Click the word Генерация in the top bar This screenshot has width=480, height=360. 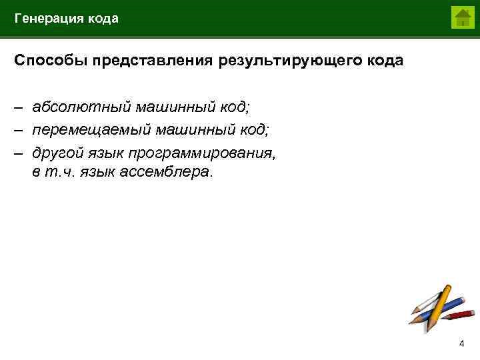(x=47, y=19)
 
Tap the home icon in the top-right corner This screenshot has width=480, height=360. (x=461, y=18)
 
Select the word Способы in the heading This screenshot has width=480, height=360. (x=52, y=61)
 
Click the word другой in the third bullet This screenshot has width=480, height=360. (x=57, y=153)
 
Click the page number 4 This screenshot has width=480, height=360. (x=461, y=343)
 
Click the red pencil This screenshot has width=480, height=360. (x=457, y=313)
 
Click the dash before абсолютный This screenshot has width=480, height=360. (x=19, y=107)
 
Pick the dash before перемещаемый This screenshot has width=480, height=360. (x=19, y=129)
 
